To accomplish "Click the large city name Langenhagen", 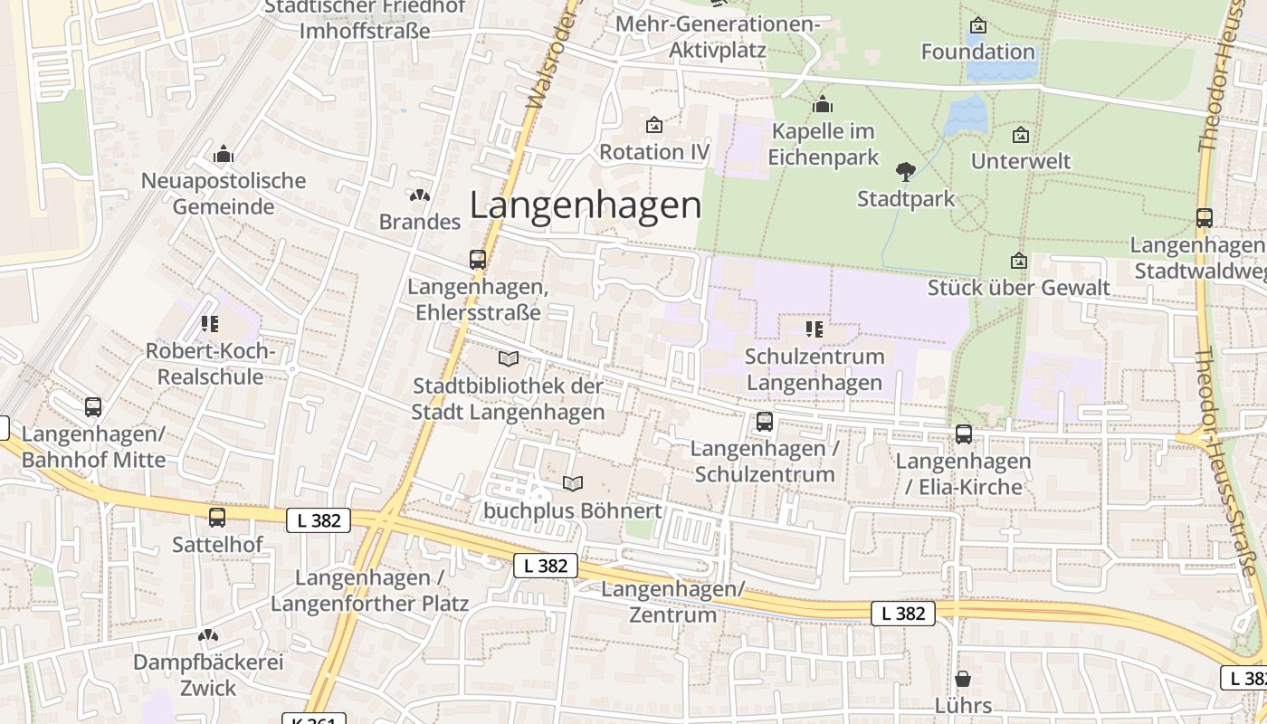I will (586, 206).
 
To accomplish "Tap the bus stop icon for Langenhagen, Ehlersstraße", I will (478, 260).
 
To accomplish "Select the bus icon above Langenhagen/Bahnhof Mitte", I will (93, 407).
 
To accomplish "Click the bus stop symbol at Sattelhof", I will (217, 518).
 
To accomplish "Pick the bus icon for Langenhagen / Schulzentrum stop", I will (765, 422).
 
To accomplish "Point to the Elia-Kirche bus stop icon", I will (964, 434).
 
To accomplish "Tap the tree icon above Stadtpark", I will (905, 171).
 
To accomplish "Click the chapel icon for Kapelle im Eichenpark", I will (823, 105).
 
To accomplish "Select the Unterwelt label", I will (1021, 161).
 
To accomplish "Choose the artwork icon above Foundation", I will (977, 25).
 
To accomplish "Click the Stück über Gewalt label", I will (1019, 288).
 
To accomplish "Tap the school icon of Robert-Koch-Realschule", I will (210, 324).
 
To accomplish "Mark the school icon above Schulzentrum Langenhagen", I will (814, 329).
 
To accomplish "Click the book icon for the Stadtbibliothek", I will (509, 359).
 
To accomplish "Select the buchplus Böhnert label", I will (573, 510).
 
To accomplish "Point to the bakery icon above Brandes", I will (419, 195).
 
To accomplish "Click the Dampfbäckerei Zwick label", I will (208, 675).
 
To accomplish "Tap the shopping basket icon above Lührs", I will (964, 679).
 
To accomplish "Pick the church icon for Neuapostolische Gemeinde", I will (224, 155).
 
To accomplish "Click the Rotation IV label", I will (654, 151).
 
